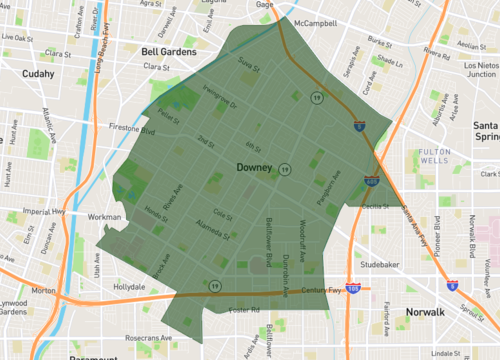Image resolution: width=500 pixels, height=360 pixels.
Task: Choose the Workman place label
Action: (104, 216)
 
